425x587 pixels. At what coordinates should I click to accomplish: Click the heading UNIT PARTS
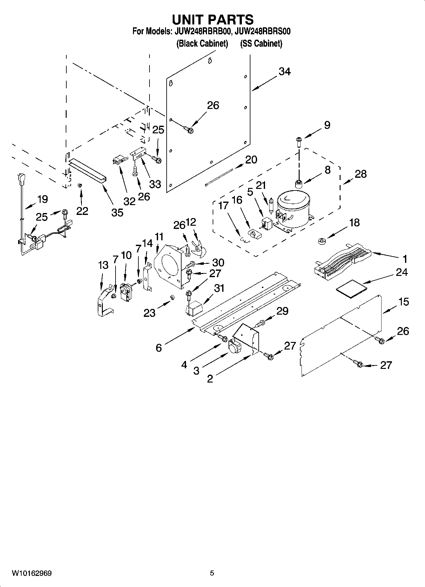212,19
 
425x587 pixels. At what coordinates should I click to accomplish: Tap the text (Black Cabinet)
202,43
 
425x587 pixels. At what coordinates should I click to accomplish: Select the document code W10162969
32,573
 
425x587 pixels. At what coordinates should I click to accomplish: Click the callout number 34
284,72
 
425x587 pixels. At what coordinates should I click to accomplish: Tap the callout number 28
361,174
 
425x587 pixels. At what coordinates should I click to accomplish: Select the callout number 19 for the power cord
43,199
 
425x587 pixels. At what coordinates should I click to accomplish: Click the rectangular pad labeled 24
351,289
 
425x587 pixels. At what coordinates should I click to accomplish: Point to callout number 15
403,302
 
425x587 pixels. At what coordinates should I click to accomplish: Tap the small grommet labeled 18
322,241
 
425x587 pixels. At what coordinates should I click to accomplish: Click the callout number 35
117,212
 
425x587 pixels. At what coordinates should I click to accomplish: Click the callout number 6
159,348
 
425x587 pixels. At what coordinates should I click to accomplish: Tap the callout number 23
149,313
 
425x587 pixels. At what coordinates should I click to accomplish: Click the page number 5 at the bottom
212,573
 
